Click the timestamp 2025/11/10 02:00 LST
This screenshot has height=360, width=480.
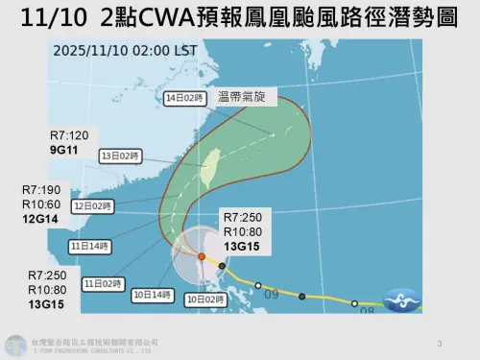(x=138, y=51)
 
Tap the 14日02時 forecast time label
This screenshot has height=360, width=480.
(x=183, y=97)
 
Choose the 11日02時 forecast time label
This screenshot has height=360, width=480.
(x=105, y=284)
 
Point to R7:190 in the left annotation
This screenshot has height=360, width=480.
(x=55, y=190)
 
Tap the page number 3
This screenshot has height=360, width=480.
(x=439, y=343)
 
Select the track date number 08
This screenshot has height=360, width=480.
(x=366, y=311)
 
